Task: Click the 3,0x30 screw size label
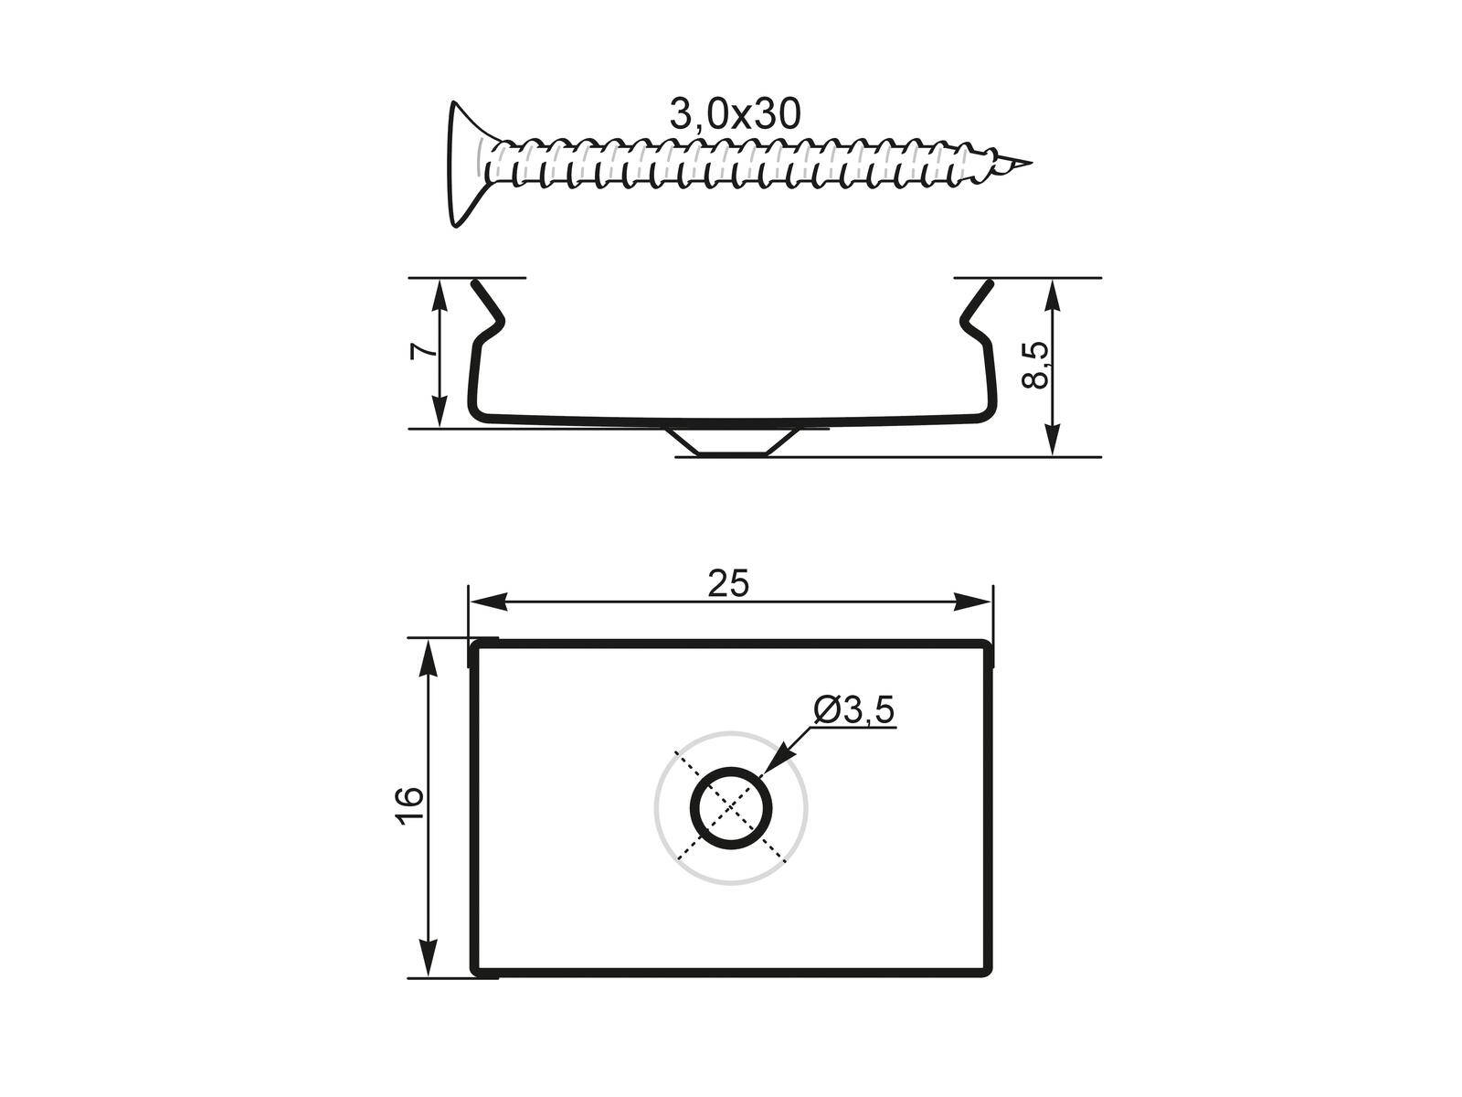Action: click(x=735, y=114)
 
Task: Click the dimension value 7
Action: click(x=419, y=352)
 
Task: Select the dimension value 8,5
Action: click(x=1038, y=366)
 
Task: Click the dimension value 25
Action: click(x=728, y=583)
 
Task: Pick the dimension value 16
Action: click(x=410, y=806)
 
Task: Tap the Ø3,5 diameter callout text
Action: click(x=853, y=710)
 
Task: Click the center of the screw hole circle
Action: click(x=731, y=808)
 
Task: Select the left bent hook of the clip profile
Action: click(x=489, y=311)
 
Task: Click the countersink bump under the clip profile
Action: click(x=731, y=442)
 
